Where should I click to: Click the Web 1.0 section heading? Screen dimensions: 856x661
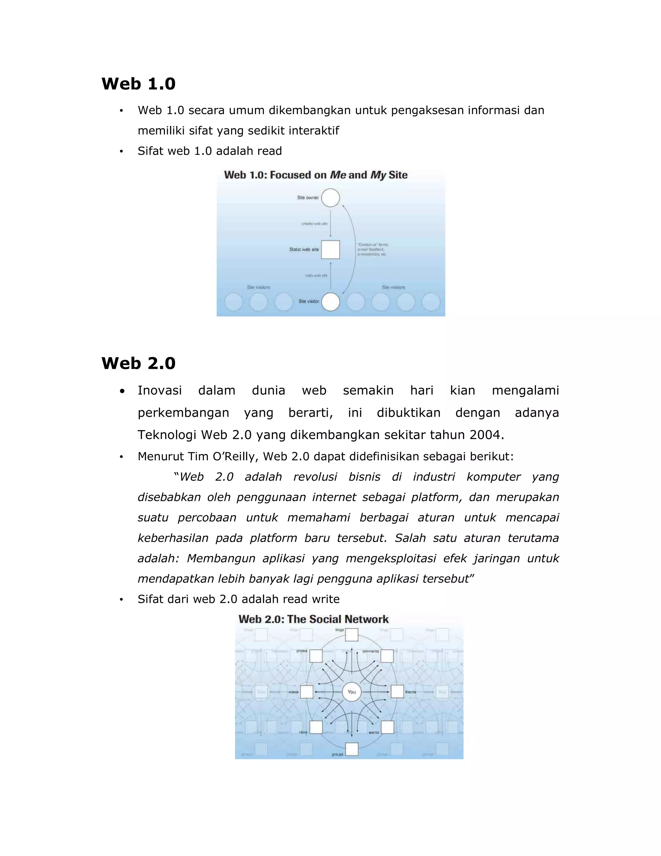138,84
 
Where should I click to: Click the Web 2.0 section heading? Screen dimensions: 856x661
138,363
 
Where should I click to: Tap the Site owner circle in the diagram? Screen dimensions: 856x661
330,198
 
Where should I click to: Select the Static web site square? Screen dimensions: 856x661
330,250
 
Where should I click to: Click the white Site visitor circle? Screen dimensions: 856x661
330,302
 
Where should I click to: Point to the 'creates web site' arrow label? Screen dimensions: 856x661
314,224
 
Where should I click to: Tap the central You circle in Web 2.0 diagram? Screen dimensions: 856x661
352,692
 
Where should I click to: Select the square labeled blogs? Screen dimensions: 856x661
352,634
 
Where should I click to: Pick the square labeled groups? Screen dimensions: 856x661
352,749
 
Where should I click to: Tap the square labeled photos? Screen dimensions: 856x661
316,656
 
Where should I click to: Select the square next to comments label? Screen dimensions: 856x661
387,656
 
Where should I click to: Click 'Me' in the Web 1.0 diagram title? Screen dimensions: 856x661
338,175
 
